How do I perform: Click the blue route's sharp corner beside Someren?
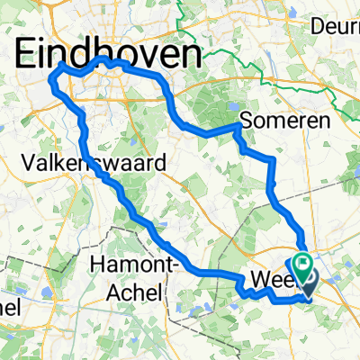(238, 129)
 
